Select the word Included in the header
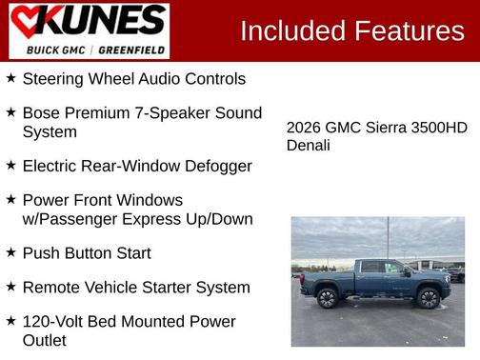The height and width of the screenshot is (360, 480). coord(292,31)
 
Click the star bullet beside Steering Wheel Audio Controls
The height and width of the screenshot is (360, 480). coord(10,78)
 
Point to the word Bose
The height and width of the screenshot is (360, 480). coord(43,112)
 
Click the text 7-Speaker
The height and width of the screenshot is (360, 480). coord(185,112)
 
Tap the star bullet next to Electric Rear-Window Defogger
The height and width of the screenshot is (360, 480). coord(10,165)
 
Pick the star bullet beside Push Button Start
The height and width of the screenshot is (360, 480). coord(10,252)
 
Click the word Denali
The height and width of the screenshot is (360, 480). coord(309,145)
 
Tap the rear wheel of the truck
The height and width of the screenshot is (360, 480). coord(328,298)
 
